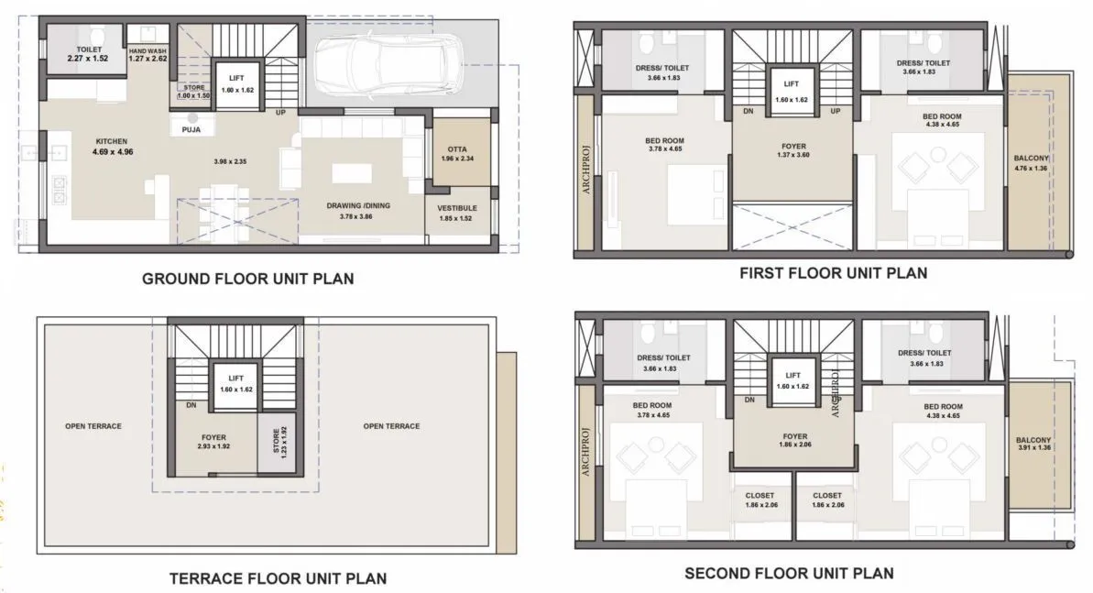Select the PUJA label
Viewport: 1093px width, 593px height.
coord(191,130)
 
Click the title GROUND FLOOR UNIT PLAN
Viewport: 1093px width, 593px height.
coord(247,279)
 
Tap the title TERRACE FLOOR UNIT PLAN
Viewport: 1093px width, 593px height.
coord(278,578)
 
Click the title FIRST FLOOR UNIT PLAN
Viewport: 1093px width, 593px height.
coord(833,272)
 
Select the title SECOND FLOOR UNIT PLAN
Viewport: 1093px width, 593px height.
coord(789,574)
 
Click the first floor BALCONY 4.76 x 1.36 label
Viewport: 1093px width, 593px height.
coord(1031,163)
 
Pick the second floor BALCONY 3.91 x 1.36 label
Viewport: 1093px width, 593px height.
coord(1033,443)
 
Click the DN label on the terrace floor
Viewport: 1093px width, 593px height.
coord(191,404)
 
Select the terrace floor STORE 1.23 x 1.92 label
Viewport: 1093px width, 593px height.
coord(279,443)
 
